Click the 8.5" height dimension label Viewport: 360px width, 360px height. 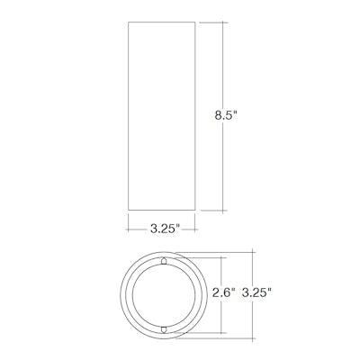pyautogui.click(x=226, y=115)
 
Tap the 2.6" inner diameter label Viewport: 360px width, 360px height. pyautogui.click(x=224, y=292)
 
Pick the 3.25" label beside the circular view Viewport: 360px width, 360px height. pyautogui.click(x=256, y=292)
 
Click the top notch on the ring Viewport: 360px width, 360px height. pyautogui.click(x=164, y=261)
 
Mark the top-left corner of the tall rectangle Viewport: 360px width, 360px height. pyautogui.click(x=129, y=22)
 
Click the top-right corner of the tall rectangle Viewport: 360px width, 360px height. pyautogui.click(x=195, y=22)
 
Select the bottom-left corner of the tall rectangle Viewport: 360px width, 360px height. pyautogui.click(x=129, y=210)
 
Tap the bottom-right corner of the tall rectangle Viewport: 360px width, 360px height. pyautogui.click(x=195, y=210)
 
